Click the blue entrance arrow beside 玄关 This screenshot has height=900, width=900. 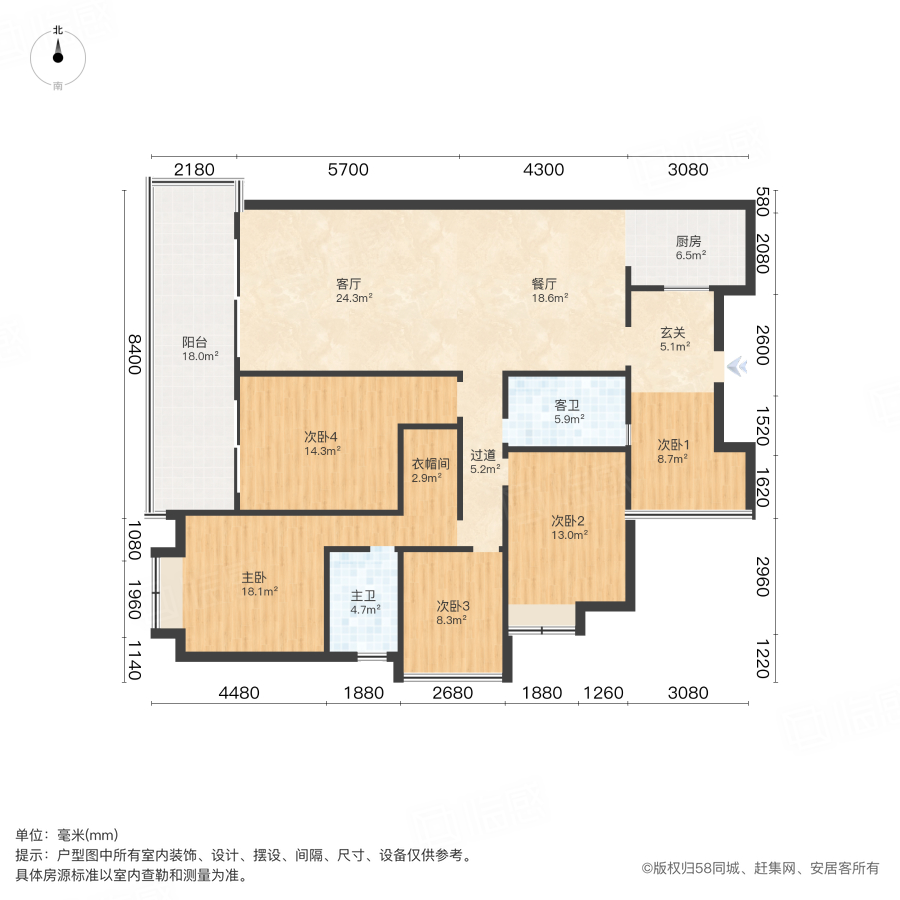738,367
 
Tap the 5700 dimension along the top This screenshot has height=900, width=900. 348,169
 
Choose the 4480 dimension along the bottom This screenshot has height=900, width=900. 239,692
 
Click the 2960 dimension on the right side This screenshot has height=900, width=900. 762,578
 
